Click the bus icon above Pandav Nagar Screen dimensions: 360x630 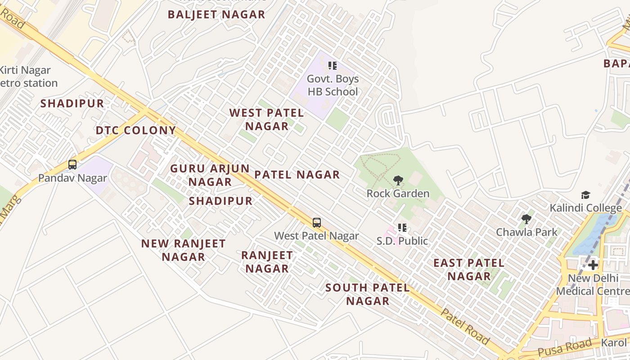tap(72, 165)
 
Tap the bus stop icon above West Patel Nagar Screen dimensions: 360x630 tap(317, 222)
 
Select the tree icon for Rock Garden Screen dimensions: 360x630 tap(398, 180)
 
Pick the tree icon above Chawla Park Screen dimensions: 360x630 tap(526, 219)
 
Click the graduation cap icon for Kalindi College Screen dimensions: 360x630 tap(585, 195)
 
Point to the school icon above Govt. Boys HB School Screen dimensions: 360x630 tap(333, 66)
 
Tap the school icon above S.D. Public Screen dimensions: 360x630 tap(402, 228)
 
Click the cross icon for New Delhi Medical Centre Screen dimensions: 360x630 tap(593, 265)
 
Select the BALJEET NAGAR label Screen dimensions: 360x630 tap(216, 14)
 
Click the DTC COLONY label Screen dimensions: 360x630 tap(136, 130)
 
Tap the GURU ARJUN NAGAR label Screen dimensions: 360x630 tap(210, 175)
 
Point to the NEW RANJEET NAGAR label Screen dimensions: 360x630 tap(183, 250)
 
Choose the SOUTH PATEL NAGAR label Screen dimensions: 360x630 tap(368, 294)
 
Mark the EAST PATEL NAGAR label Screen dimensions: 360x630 tap(469, 270)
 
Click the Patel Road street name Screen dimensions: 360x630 tap(464, 326)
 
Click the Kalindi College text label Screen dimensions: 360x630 tap(585, 207)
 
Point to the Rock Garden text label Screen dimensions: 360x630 tap(398, 193)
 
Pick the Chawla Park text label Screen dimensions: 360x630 tap(526, 232)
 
